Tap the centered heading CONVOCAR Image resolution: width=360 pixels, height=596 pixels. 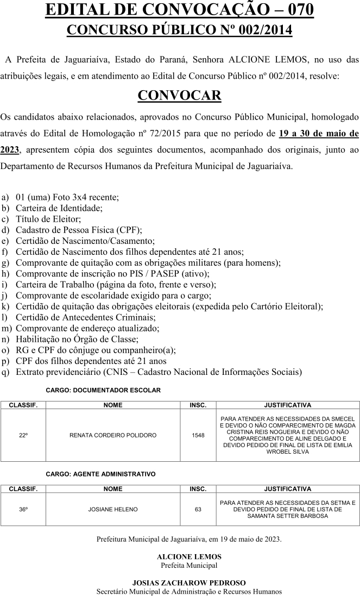(x=179, y=95)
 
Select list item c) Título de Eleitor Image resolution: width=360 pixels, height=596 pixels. (x=49, y=219)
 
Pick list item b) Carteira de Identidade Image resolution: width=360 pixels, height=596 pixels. (x=59, y=208)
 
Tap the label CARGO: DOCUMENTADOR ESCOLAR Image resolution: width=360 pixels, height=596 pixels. (x=103, y=390)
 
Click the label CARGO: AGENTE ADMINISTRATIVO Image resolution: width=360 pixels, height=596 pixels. (x=100, y=474)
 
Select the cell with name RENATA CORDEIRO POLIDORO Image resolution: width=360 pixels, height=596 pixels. (x=113, y=435)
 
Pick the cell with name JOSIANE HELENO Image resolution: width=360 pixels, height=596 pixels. (x=113, y=509)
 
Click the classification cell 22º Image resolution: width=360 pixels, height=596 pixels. (x=23, y=435)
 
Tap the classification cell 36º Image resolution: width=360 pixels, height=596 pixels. (x=23, y=509)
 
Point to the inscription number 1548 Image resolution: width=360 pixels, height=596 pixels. (x=198, y=435)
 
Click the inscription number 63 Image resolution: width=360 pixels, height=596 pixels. (x=198, y=509)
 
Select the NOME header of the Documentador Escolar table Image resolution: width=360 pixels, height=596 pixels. (x=113, y=405)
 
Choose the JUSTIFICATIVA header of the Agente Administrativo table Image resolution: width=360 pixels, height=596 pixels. (x=287, y=489)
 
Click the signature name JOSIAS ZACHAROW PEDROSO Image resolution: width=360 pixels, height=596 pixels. (x=189, y=583)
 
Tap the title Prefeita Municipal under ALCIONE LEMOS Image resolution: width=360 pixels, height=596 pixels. (x=189, y=565)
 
